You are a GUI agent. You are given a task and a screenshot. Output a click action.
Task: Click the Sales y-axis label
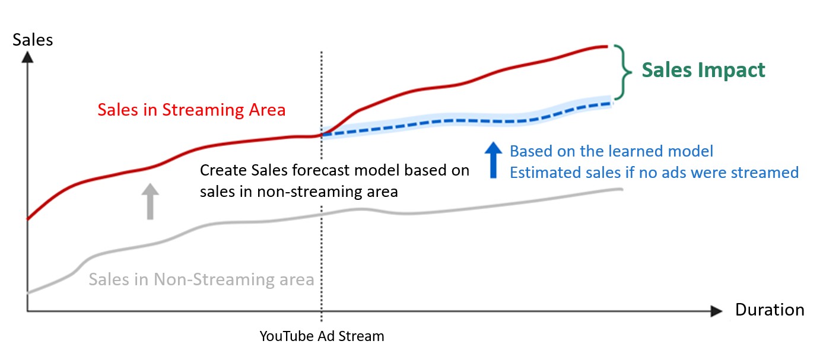33,40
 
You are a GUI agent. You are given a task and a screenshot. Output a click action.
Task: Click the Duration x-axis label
770,310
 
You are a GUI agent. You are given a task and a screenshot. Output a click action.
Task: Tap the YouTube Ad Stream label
322,336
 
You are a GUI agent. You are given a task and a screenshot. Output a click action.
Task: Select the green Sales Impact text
703,70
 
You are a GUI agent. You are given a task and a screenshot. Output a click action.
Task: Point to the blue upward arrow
494,160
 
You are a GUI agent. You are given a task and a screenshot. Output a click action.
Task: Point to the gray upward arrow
150,201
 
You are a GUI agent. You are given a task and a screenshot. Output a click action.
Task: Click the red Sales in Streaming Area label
192,110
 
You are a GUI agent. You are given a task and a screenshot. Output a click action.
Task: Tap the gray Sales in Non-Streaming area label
201,279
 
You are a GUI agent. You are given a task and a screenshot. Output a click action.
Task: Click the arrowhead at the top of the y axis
27,57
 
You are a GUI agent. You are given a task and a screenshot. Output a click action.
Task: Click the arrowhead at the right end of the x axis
716,311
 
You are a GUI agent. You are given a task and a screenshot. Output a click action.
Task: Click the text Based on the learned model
611,151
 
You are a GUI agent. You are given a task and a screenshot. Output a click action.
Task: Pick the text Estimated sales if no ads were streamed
654,172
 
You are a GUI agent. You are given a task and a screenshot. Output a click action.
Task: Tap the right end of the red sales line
607,47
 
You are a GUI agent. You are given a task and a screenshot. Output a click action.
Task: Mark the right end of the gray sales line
622,190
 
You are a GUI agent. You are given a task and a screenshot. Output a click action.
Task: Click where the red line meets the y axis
28,219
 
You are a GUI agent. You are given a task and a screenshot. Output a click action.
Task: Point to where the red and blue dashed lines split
322,135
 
